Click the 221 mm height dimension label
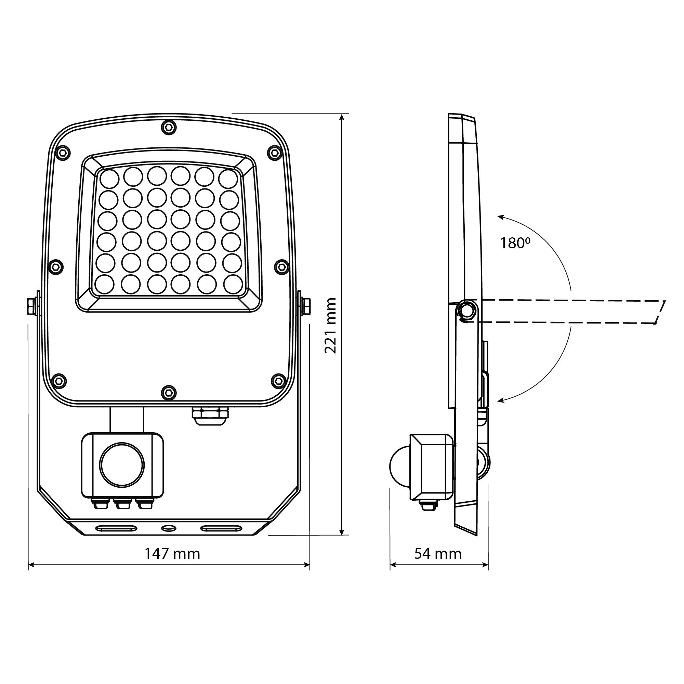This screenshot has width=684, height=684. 330,325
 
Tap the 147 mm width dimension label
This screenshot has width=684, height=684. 172,553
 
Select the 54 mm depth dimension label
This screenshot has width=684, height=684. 438,553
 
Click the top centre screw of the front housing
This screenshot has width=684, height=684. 169,128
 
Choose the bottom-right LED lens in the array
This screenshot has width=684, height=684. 233,284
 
